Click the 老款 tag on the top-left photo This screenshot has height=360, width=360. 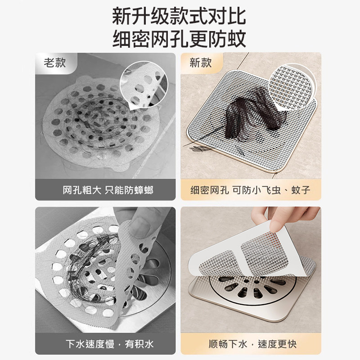pos(54,63)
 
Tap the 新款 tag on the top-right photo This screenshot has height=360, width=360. pos(200,63)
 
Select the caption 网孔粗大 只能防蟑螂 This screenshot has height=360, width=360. pos(108,190)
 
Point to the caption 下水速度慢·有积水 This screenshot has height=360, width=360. pos(108,344)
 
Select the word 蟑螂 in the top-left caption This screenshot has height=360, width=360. pos(143,190)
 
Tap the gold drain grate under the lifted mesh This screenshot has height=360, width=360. pos(252,292)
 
